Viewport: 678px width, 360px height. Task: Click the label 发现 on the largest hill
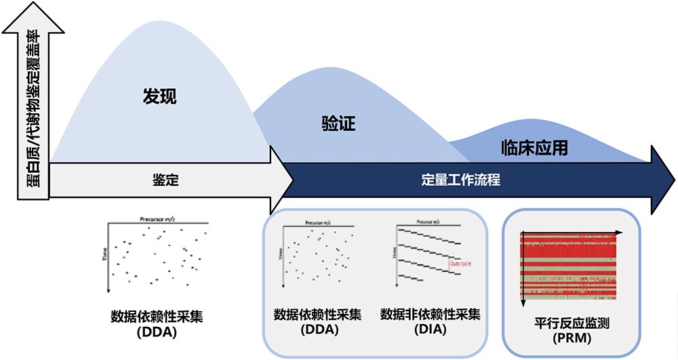(160, 97)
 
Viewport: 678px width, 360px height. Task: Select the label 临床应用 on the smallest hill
(534, 147)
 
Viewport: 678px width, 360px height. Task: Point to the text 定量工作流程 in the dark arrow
(460, 181)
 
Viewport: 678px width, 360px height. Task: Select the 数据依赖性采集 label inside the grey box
(318, 315)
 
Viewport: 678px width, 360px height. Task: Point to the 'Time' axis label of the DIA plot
(394, 253)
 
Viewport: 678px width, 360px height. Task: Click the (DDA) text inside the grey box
(318, 329)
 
